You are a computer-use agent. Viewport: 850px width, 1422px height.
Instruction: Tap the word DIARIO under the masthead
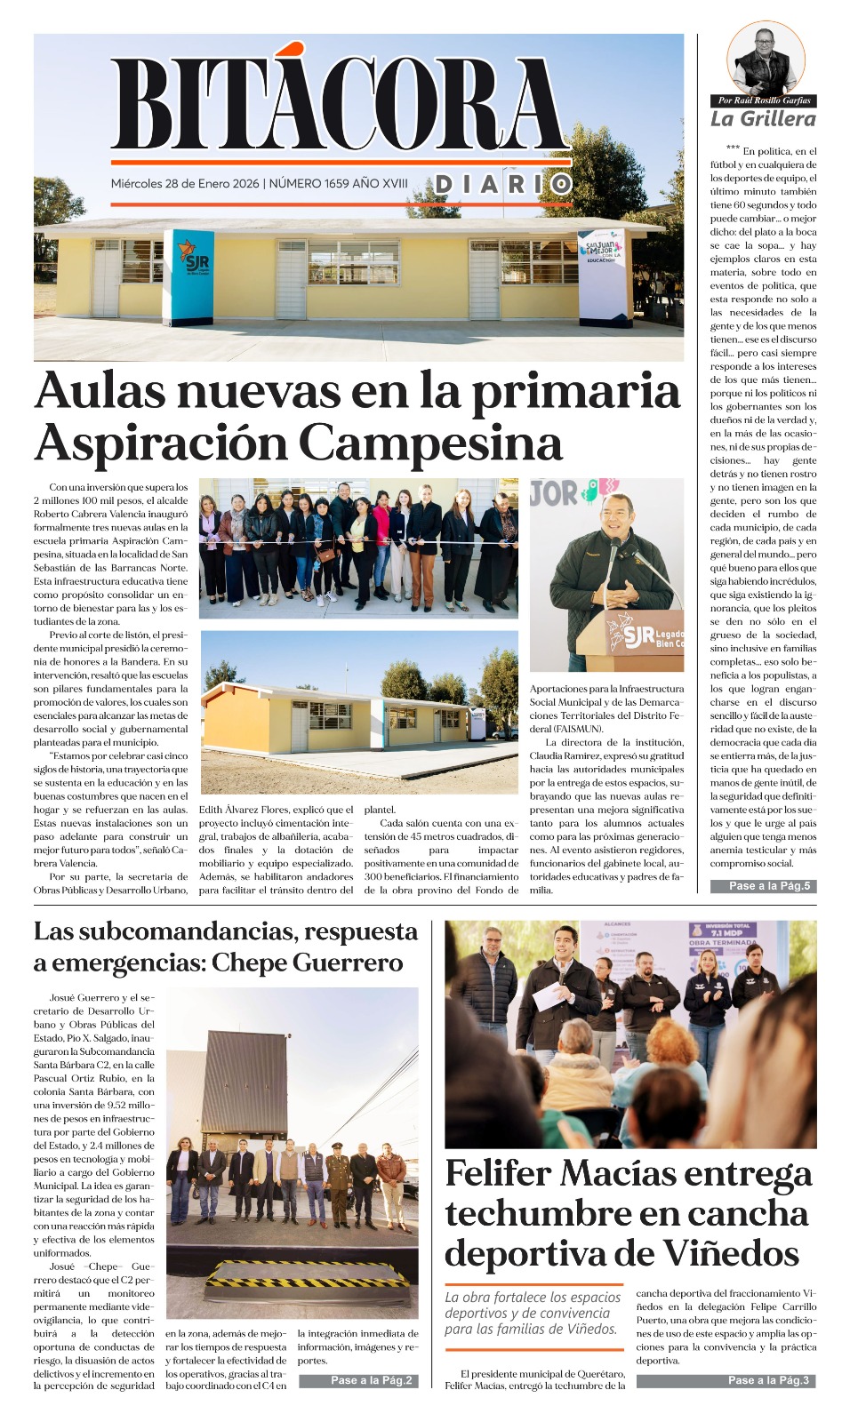(502, 184)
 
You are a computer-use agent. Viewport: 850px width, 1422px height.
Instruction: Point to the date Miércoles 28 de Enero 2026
(185, 184)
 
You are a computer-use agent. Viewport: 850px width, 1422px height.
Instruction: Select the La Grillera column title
(763, 119)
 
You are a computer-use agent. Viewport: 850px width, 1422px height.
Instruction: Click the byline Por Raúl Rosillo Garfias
(764, 100)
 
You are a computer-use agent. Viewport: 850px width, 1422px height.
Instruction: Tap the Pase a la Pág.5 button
(763, 885)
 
